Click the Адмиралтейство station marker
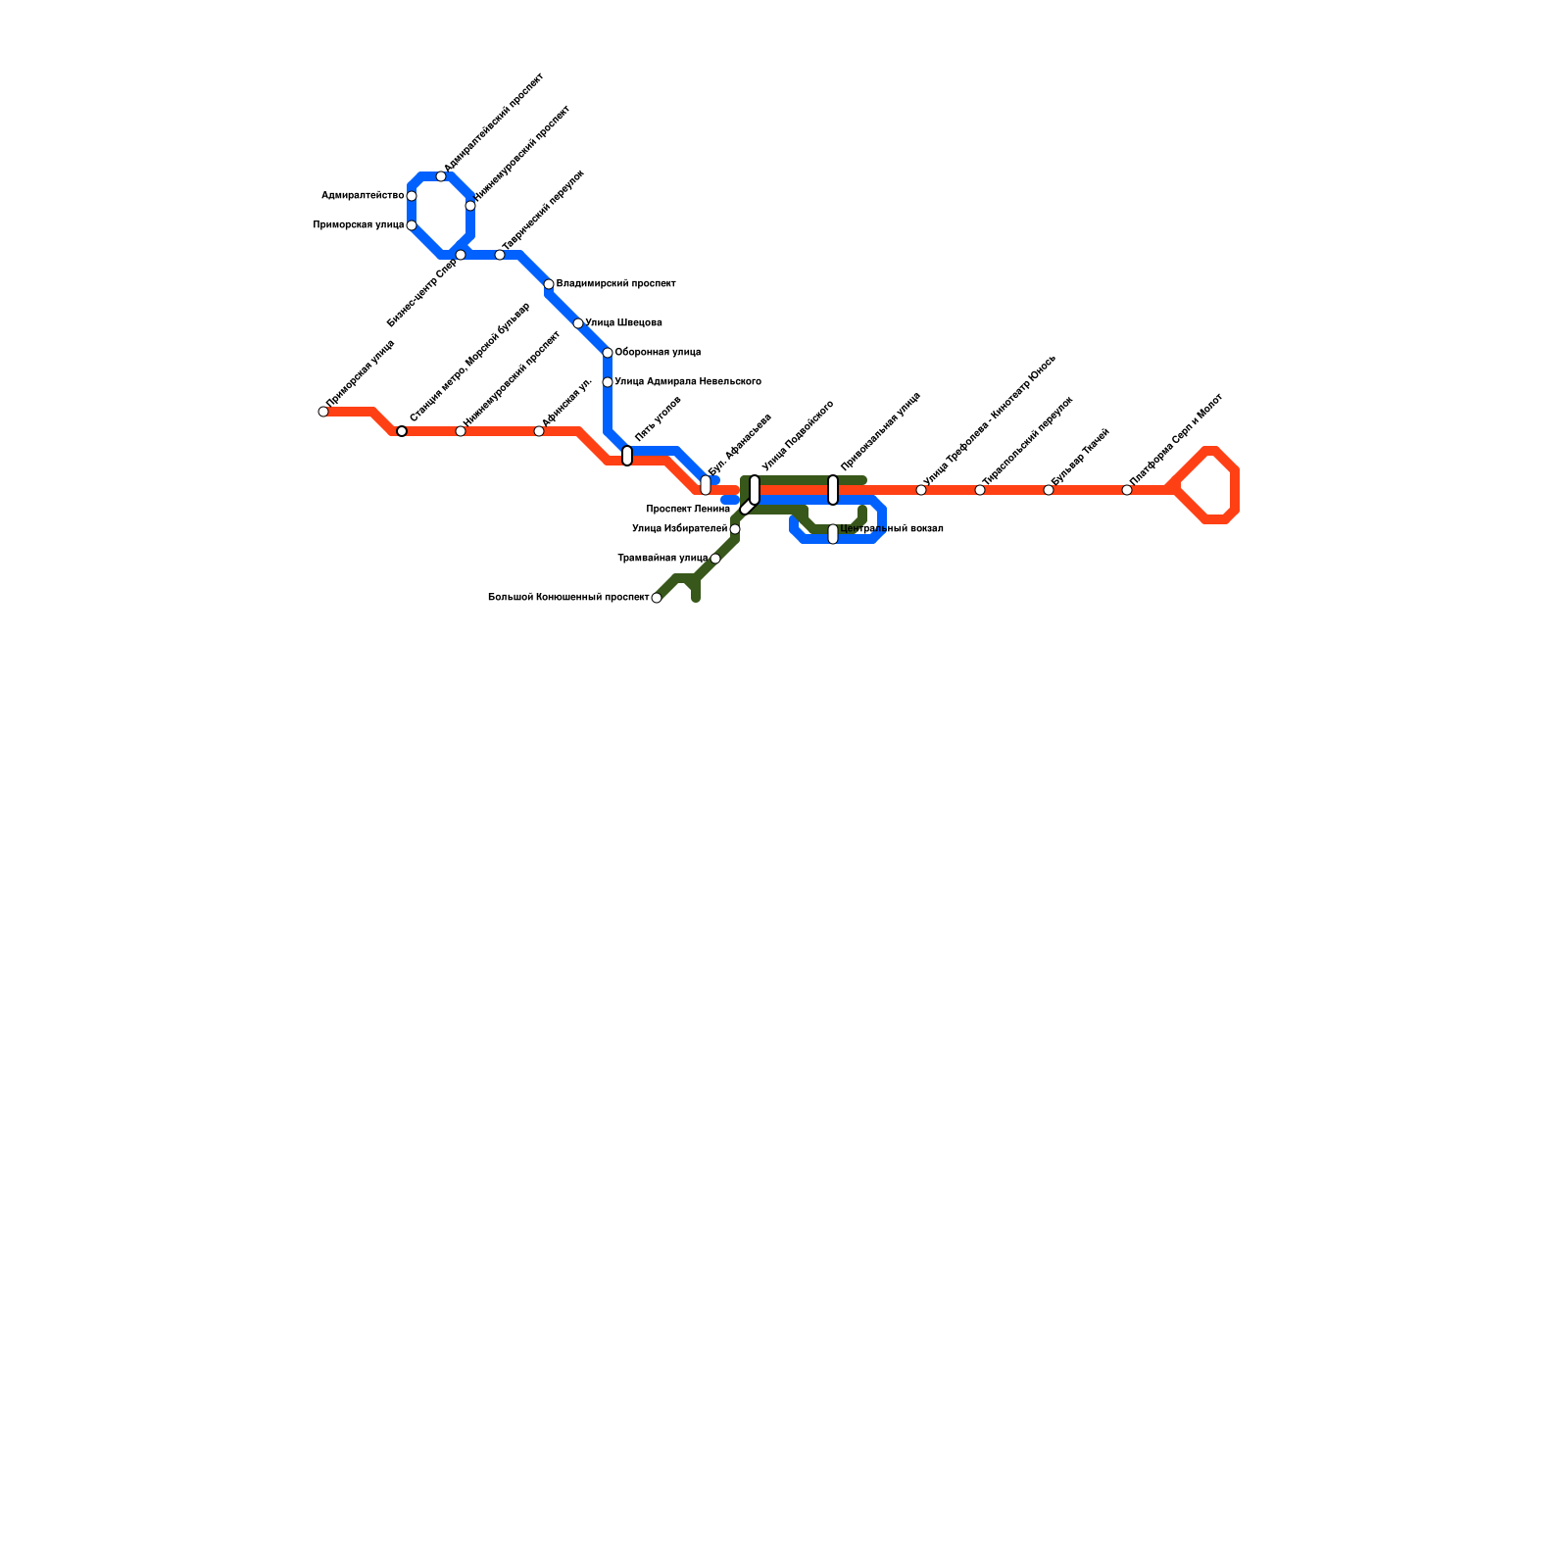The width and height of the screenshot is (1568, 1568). tap(412, 196)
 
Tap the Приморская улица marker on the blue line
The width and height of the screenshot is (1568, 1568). tap(412, 225)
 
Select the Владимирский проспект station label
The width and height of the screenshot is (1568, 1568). tap(615, 284)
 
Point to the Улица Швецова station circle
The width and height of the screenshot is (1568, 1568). tap(578, 323)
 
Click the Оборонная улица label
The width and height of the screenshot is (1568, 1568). tap(658, 353)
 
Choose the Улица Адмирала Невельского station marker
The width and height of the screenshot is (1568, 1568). tap(608, 382)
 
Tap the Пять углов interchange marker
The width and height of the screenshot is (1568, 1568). tap(627, 456)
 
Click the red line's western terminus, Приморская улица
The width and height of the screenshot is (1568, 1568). tap(323, 412)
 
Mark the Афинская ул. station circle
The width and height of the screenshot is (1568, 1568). tap(539, 431)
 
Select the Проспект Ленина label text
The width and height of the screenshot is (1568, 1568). tap(688, 510)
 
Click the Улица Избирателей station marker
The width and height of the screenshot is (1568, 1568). tap(735, 529)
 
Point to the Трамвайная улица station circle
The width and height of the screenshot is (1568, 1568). tap(715, 559)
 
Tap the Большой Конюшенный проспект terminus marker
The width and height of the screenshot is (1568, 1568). tap(657, 598)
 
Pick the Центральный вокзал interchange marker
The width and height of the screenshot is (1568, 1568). tap(833, 534)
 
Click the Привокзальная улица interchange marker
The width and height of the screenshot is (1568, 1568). tap(833, 489)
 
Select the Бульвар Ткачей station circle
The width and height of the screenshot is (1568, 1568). tap(1049, 490)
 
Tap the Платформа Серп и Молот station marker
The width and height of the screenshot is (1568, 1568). tap(1127, 490)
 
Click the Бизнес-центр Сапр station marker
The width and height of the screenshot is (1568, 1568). tap(461, 255)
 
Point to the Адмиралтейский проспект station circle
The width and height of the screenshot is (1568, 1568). tap(441, 176)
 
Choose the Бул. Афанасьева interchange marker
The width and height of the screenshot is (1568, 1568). tap(706, 485)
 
